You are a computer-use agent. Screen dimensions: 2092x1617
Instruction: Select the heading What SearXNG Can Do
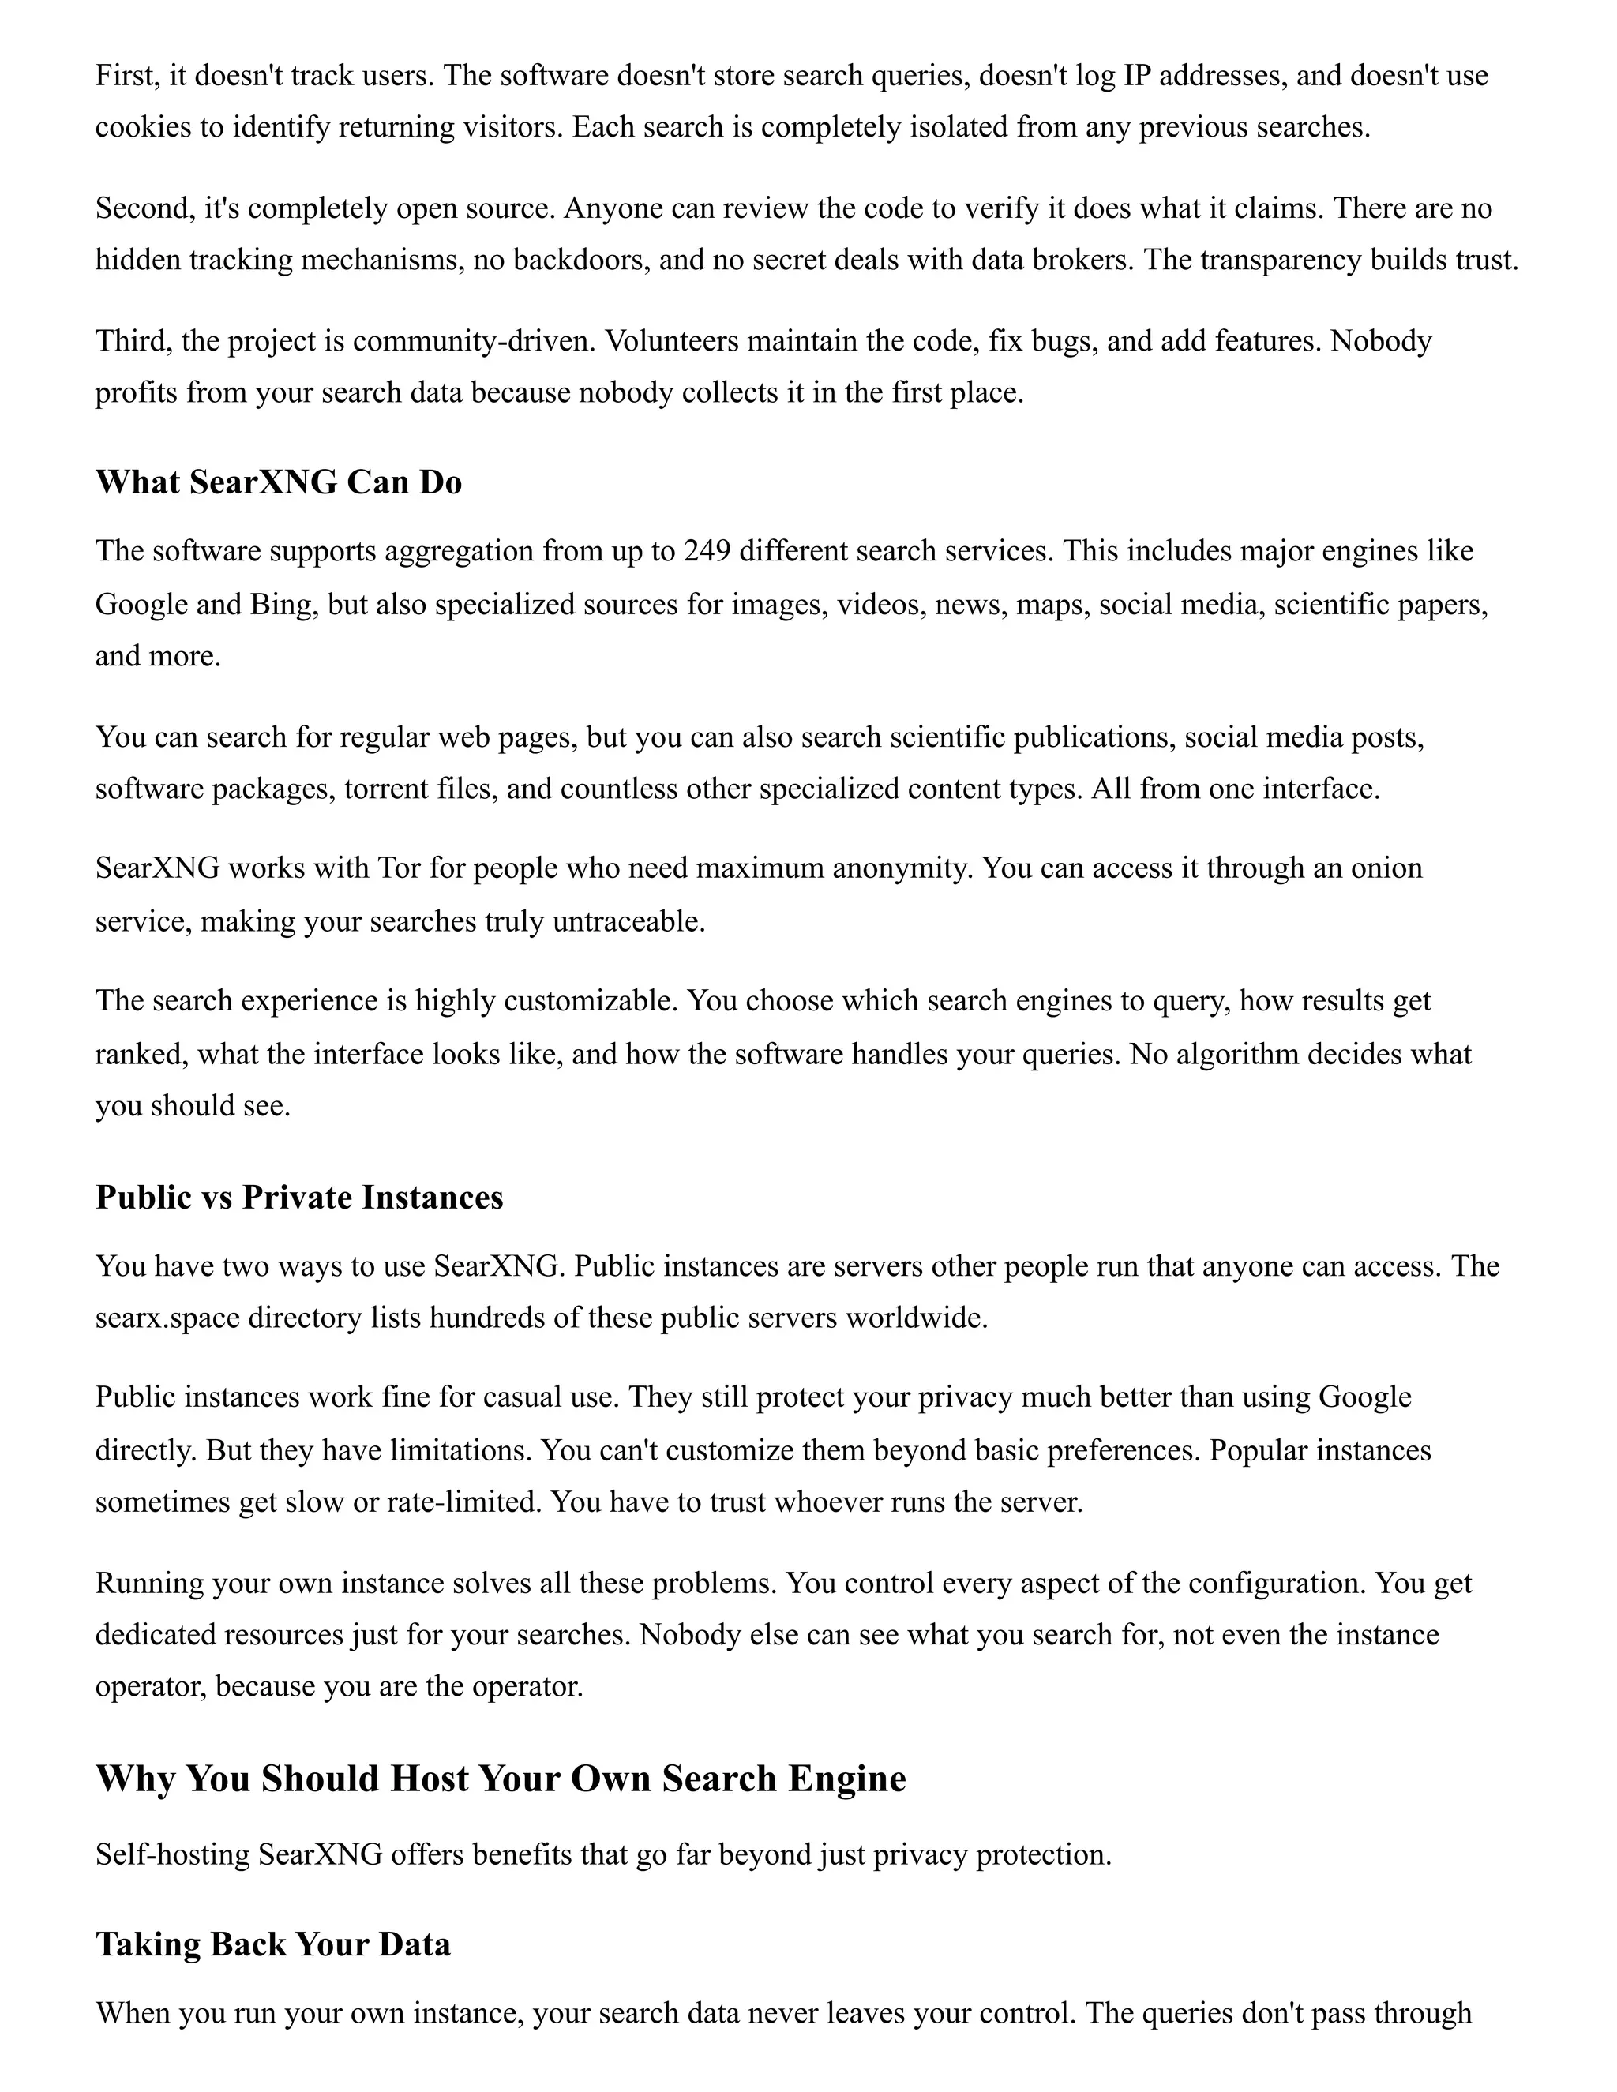(278, 482)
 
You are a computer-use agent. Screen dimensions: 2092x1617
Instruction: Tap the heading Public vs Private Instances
(299, 1198)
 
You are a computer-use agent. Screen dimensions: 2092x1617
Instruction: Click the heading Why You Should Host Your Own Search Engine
(500, 1779)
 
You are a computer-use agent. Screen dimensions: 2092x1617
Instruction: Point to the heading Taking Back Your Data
(273, 1944)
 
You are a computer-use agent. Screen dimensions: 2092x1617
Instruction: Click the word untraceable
(628, 921)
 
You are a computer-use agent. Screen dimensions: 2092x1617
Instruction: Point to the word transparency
(1275, 261)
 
